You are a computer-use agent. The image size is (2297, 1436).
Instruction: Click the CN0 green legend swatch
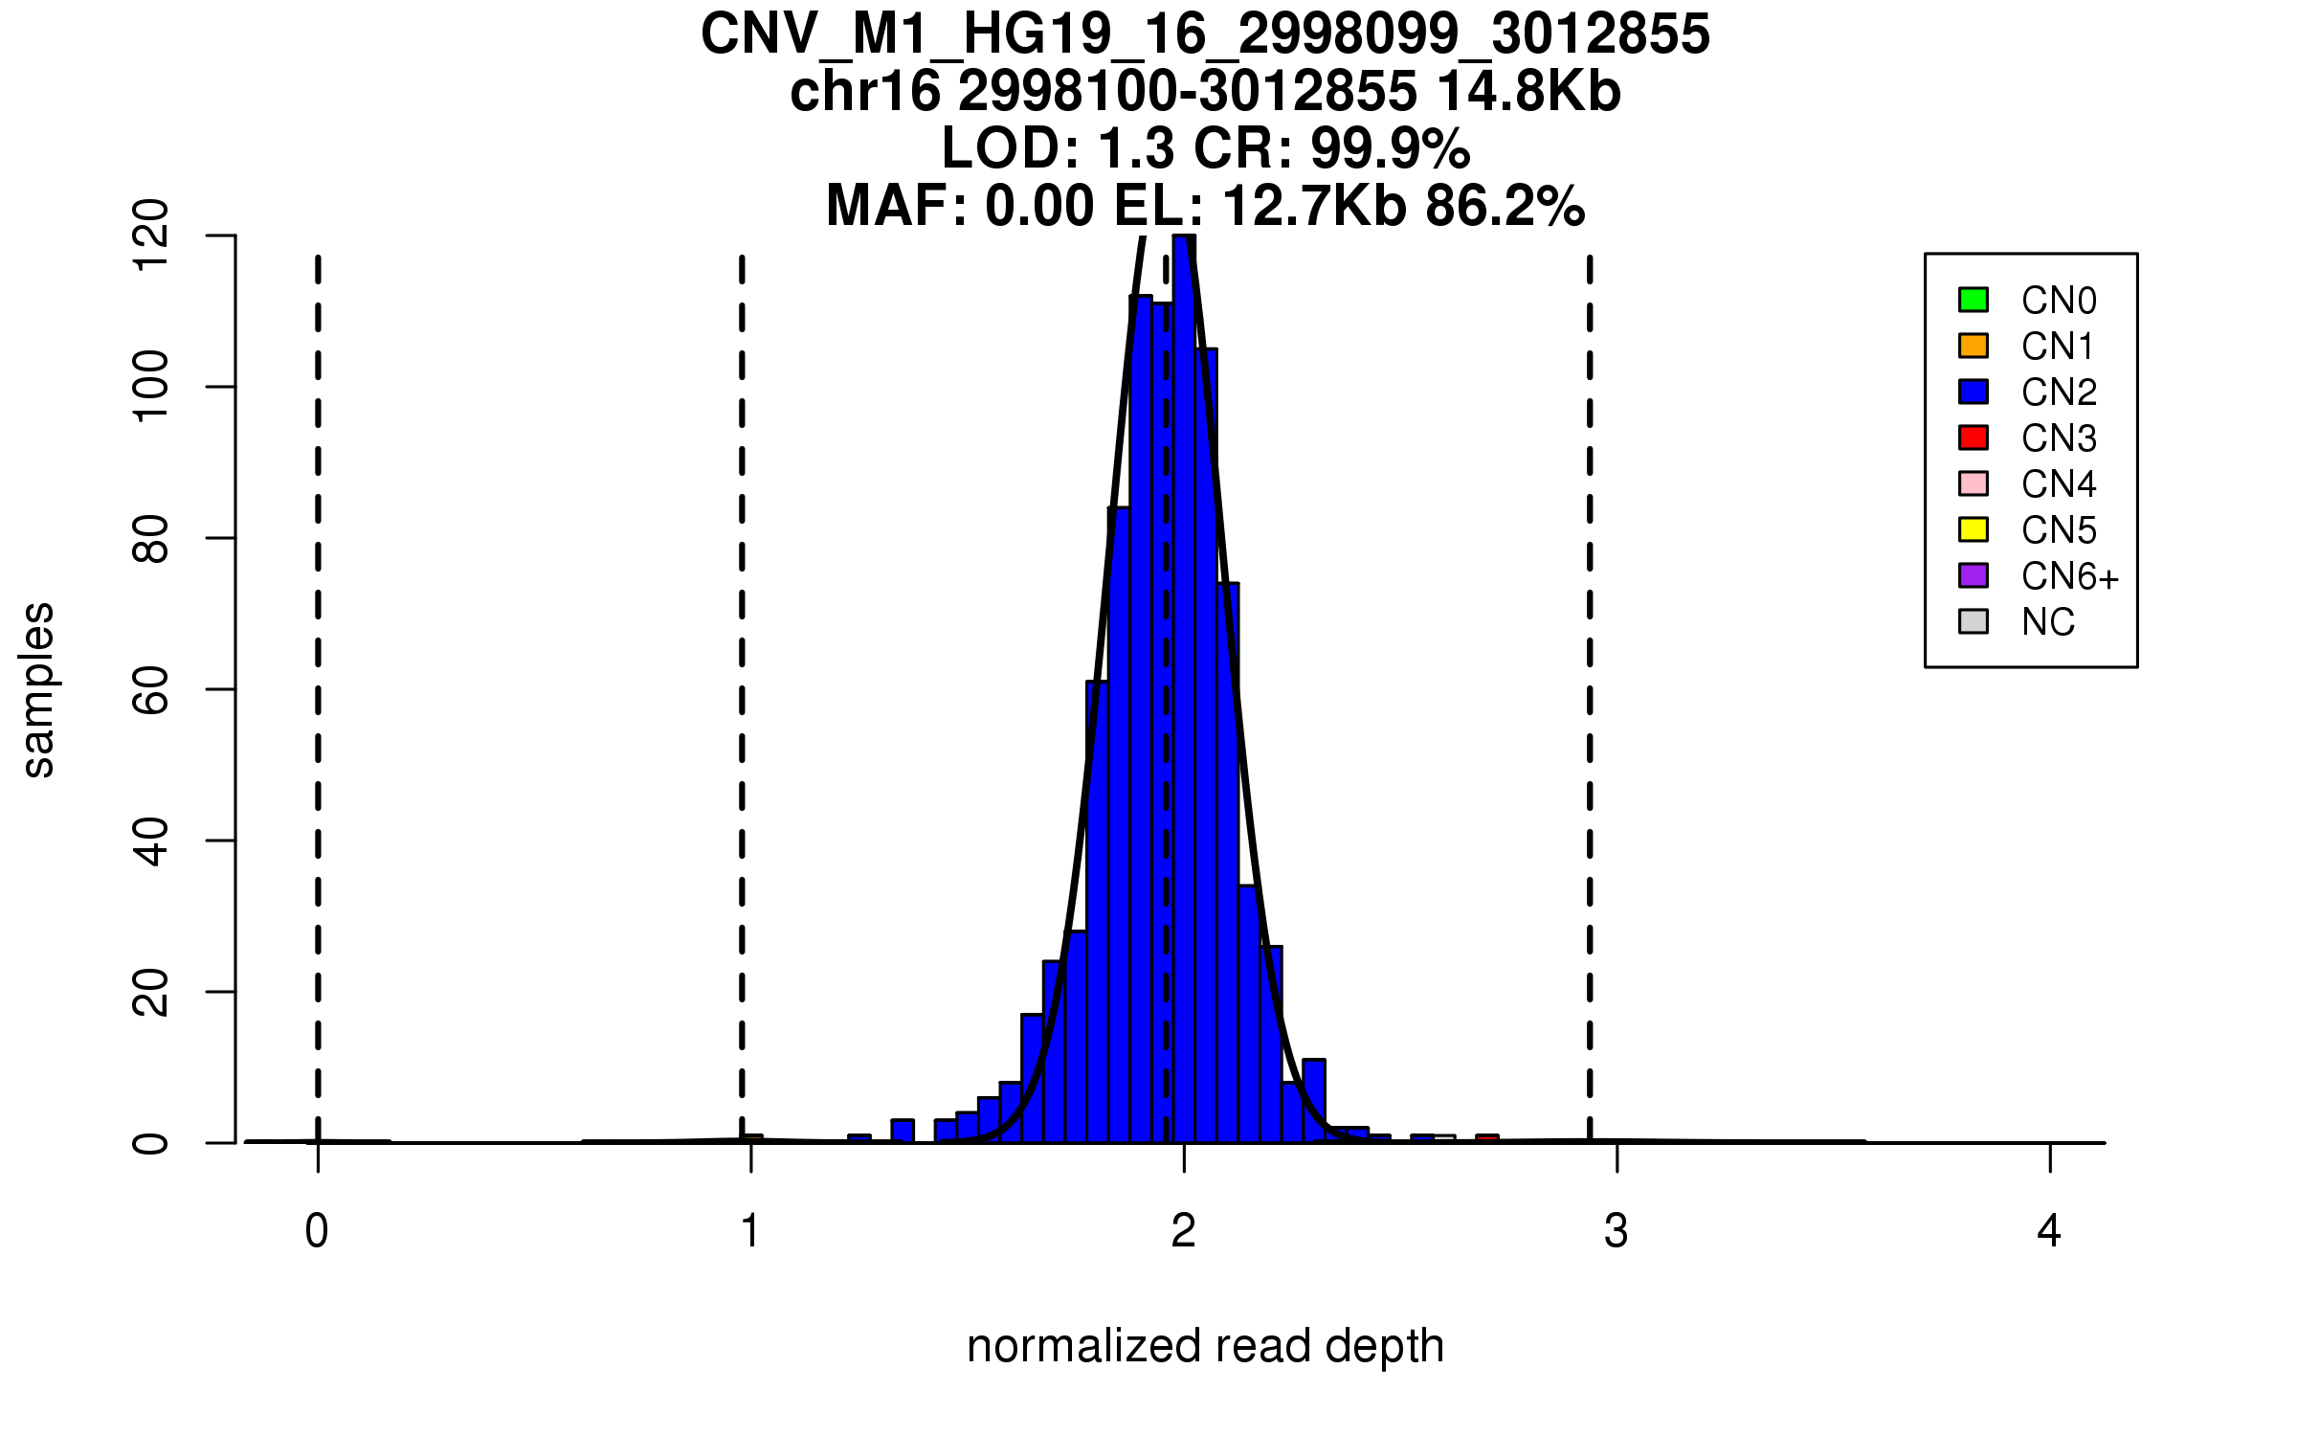(1974, 300)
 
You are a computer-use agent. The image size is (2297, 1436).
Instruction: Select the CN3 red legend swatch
(1974, 438)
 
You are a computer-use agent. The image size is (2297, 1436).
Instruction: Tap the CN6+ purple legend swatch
(1974, 575)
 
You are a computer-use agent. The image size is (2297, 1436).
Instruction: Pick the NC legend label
(2047, 622)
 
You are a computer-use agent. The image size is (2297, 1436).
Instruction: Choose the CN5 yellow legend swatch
(1974, 529)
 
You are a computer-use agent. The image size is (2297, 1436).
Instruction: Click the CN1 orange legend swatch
(1974, 346)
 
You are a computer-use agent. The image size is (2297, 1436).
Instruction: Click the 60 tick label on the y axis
(151, 689)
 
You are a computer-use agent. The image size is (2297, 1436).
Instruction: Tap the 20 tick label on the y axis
(151, 992)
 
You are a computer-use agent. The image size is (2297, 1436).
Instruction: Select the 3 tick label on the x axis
(1617, 1231)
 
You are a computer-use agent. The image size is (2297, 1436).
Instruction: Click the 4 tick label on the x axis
(2049, 1231)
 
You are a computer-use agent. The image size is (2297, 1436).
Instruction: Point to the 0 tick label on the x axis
(317, 1231)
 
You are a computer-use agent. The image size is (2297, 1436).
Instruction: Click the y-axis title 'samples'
(38, 689)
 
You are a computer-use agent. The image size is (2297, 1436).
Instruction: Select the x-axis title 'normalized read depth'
(1205, 1346)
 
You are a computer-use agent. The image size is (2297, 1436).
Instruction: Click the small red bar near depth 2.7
(1486, 1138)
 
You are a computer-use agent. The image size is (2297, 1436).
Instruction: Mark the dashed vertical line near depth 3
(1590, 670)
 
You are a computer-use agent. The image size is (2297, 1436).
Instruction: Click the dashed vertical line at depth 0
(318, 670)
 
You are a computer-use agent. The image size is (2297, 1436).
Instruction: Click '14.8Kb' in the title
(1528, 92)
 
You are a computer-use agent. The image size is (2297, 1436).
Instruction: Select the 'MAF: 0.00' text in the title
(960, 206)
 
